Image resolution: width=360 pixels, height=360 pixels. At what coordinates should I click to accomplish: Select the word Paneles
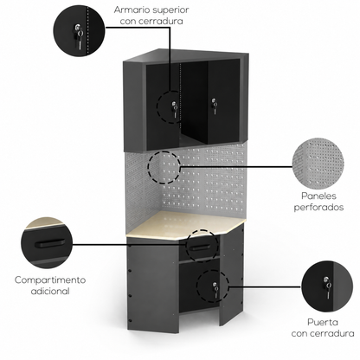click(318, 196)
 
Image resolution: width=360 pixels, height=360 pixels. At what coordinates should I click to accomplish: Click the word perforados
click(318, 208)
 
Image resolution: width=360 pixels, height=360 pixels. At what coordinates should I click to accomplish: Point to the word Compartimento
click(50, 280)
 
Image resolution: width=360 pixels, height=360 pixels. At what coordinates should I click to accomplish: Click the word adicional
click(50, 291)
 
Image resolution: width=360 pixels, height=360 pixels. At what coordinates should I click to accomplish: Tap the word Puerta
click(323, 322)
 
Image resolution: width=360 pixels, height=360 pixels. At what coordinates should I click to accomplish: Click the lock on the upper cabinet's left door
click(174, 109)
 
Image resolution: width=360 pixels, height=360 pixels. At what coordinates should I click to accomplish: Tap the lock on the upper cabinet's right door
click(214, 106)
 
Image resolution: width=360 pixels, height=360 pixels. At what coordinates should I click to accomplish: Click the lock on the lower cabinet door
click(215, 289)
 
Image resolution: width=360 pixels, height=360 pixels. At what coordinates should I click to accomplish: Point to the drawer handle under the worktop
click(201, 247)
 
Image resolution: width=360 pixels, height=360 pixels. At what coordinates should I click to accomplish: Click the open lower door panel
click(231, 275)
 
